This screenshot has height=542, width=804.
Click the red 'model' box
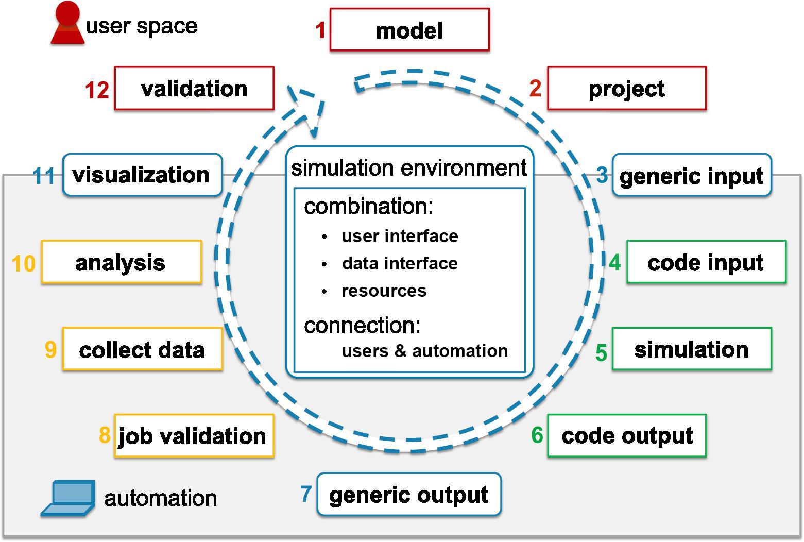tap(409, 30)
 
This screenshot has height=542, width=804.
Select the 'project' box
tap(626, 88)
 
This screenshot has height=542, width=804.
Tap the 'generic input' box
tap(691, 175)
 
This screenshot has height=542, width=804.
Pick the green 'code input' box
tap(706, 262)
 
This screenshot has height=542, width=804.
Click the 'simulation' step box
tap(691, 349)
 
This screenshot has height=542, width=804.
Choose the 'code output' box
tap(626, 435)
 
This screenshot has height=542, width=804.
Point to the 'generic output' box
tap(409, 494)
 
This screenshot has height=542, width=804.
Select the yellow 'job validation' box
tap(193, 436)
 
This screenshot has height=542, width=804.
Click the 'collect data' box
tap(142, 349)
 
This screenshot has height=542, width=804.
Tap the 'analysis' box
tap(121, 262)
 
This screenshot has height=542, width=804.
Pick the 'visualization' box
tap(142, 175)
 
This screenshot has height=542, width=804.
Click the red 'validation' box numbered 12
tap(194, 88)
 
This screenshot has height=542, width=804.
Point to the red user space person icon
tap(68, 23)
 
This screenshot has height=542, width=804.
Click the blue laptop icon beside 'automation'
tap(69, 498)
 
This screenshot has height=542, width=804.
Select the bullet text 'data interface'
tap(400, 263)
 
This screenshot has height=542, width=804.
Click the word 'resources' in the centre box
tap(384, 291)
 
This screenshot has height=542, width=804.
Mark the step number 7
tap(306, 494)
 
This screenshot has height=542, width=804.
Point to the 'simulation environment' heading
tap(409, 168)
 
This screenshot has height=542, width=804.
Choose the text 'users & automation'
tap(424, 351)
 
